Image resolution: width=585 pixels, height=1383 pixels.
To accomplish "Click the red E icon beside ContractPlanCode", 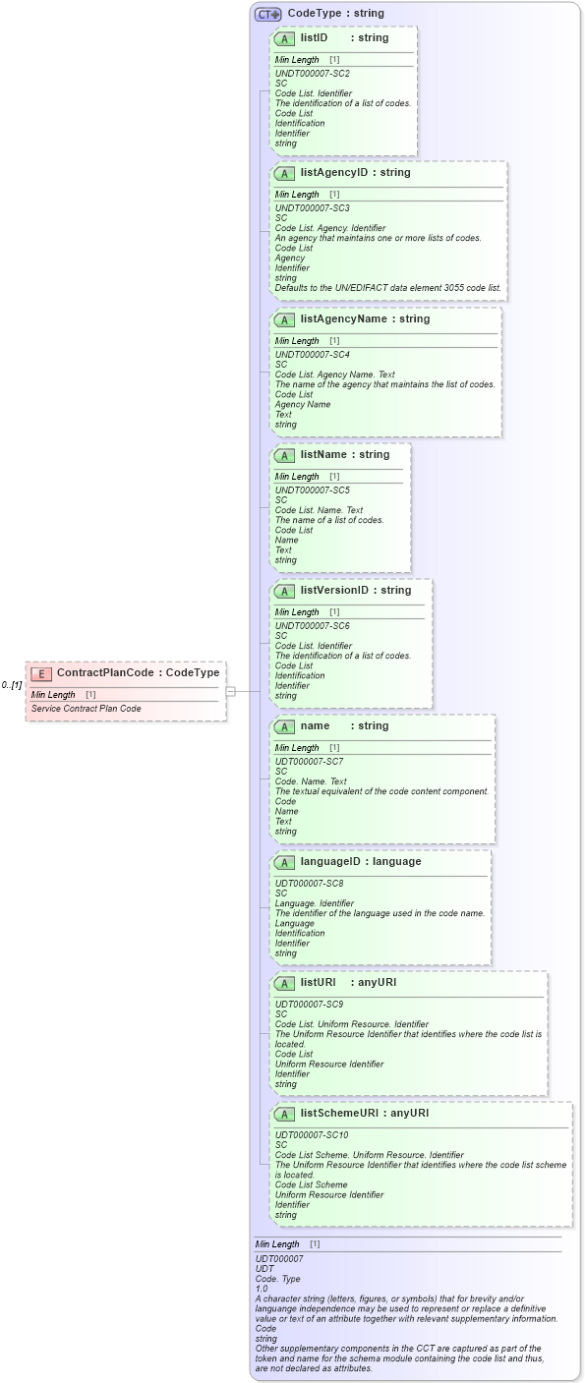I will (x=41, y=673).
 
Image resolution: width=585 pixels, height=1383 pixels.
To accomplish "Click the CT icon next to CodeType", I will (x=267, y=14).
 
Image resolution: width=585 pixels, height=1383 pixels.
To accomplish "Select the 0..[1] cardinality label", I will (x=12, y=685).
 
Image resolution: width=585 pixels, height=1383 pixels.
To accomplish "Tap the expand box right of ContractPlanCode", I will (x=230, y=691).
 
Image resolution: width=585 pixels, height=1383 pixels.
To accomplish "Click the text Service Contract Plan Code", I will (x=86, y=709).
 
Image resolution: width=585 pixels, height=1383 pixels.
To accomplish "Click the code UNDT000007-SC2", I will (x=312, y=74).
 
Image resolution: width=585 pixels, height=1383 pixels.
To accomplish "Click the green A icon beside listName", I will (x=284, y=456).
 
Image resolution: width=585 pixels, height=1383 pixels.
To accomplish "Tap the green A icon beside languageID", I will (x=284, y=863).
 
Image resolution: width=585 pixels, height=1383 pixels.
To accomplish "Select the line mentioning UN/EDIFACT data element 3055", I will (x=387, y=288).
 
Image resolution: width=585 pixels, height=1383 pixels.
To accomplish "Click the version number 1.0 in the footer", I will (x=262, y=1289).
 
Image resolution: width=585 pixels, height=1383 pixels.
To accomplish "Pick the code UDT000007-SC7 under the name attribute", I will (x=309, y=762).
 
